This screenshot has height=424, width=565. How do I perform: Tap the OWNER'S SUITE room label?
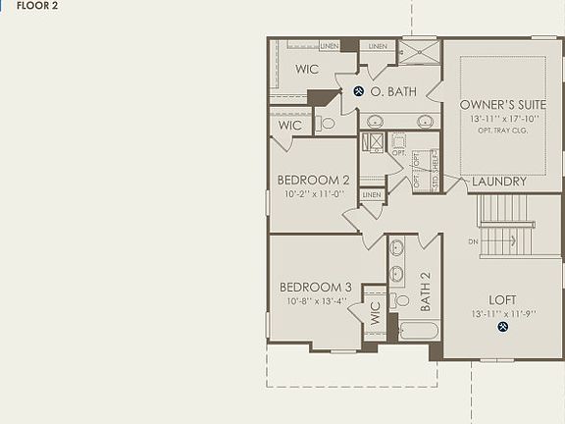coord(501,104)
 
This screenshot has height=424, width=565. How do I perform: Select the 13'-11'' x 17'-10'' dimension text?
coord(502,119)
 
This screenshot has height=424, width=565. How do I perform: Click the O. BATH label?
coord(393,91)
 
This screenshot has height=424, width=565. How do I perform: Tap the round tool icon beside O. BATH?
coord(359,91)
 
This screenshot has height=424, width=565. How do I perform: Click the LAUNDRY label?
coord(499,182)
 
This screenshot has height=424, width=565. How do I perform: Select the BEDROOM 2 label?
coord(314,180)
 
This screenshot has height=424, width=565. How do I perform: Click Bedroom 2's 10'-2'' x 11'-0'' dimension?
coord(313,194)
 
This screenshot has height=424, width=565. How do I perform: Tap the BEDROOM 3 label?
coord(315,287)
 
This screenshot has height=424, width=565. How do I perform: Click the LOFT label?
coord(502,299)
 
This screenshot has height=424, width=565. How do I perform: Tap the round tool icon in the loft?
coord(502,326)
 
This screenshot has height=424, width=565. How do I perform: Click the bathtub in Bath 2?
coord(419,329)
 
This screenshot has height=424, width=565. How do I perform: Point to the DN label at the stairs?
coord(473,240)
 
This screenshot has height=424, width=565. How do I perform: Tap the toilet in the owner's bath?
coord(328,123)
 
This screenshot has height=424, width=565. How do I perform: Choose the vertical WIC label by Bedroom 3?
coord(375,313)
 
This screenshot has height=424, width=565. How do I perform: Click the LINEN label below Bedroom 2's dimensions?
coord(371,195)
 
